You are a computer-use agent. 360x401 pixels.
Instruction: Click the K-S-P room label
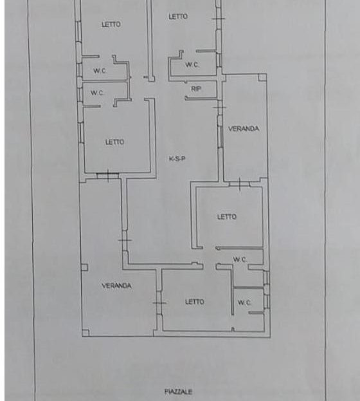177,158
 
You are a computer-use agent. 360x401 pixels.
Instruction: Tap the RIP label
196,89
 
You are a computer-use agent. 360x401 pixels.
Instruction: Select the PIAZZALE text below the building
178,391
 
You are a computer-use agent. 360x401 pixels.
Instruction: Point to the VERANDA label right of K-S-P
244,128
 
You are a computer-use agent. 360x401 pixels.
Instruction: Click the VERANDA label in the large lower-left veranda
116,285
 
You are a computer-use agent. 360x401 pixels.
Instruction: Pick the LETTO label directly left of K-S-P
114,142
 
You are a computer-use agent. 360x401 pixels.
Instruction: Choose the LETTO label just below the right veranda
227,217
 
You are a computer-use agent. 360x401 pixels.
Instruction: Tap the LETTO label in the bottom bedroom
195,302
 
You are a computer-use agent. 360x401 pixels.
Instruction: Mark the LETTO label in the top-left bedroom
111,24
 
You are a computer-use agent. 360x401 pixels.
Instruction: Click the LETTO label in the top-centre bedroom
178,16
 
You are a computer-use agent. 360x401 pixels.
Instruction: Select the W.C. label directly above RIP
192,64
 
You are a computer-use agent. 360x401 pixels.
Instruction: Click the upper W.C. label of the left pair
100,71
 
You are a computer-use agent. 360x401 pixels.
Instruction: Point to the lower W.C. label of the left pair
97,93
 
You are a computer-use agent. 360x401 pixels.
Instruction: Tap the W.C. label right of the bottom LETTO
244,303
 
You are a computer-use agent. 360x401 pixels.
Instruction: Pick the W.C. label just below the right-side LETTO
240,259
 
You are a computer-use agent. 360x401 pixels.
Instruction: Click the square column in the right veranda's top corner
262,77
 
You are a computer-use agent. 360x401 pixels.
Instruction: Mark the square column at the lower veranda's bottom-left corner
85,333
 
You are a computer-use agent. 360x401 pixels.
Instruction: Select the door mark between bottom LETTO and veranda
159,303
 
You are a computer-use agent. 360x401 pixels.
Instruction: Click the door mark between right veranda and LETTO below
240,183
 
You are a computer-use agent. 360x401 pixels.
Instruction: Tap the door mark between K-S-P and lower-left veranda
125,240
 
